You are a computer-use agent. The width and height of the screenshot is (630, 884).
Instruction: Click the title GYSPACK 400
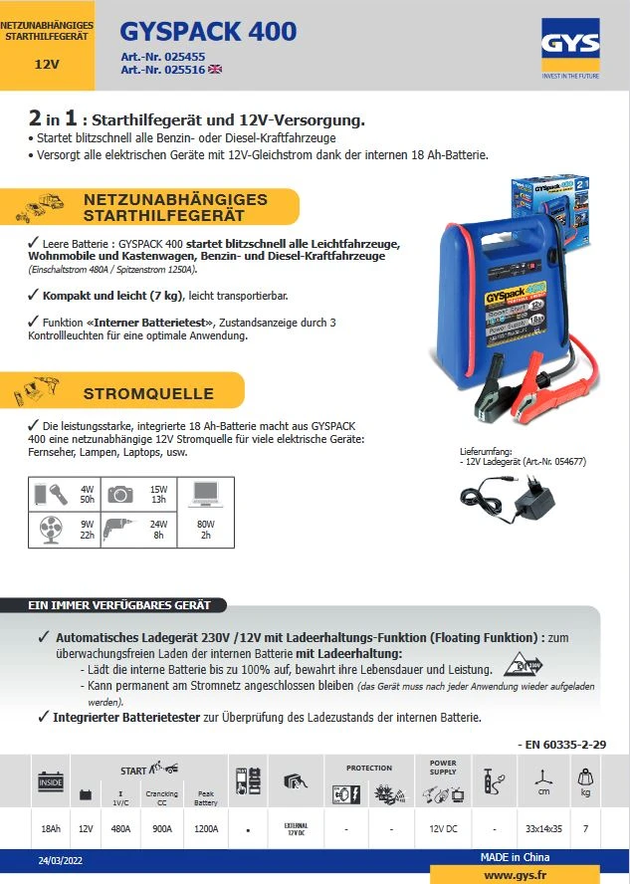pos(208,32)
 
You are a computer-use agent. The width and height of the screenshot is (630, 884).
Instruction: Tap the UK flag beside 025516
pos(215,70)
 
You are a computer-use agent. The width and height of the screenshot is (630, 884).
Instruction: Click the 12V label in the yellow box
pos(46,64)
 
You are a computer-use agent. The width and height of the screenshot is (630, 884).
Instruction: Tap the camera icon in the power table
pos(120,494)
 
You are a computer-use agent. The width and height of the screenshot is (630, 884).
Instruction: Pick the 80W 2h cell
pos(205,529)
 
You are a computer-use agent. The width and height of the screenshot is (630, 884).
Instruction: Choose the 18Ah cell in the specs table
pos(51,828)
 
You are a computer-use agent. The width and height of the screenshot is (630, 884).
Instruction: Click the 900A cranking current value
pos(162,828)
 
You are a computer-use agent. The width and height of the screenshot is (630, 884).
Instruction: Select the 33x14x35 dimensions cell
pos(543,828)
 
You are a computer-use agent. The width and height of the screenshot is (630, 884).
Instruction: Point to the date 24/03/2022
pos(61,859)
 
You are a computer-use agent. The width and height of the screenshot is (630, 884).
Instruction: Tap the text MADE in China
pos(514,857)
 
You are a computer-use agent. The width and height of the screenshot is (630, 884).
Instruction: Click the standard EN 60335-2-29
pos(563,744)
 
